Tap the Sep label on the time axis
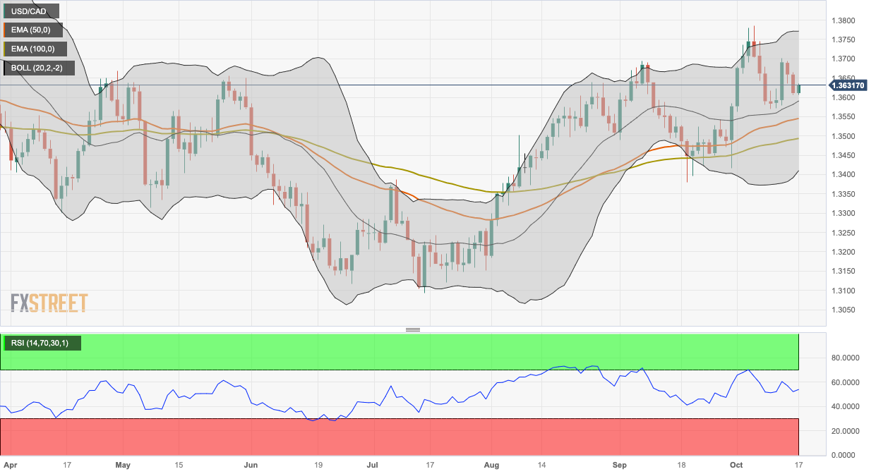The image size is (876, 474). tap(620, 466)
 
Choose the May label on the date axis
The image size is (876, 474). tap(123, 466)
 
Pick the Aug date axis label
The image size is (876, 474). tap(492, 466)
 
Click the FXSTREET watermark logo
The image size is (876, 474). tap(49, 303)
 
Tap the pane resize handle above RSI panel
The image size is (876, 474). tap(413, 329)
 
